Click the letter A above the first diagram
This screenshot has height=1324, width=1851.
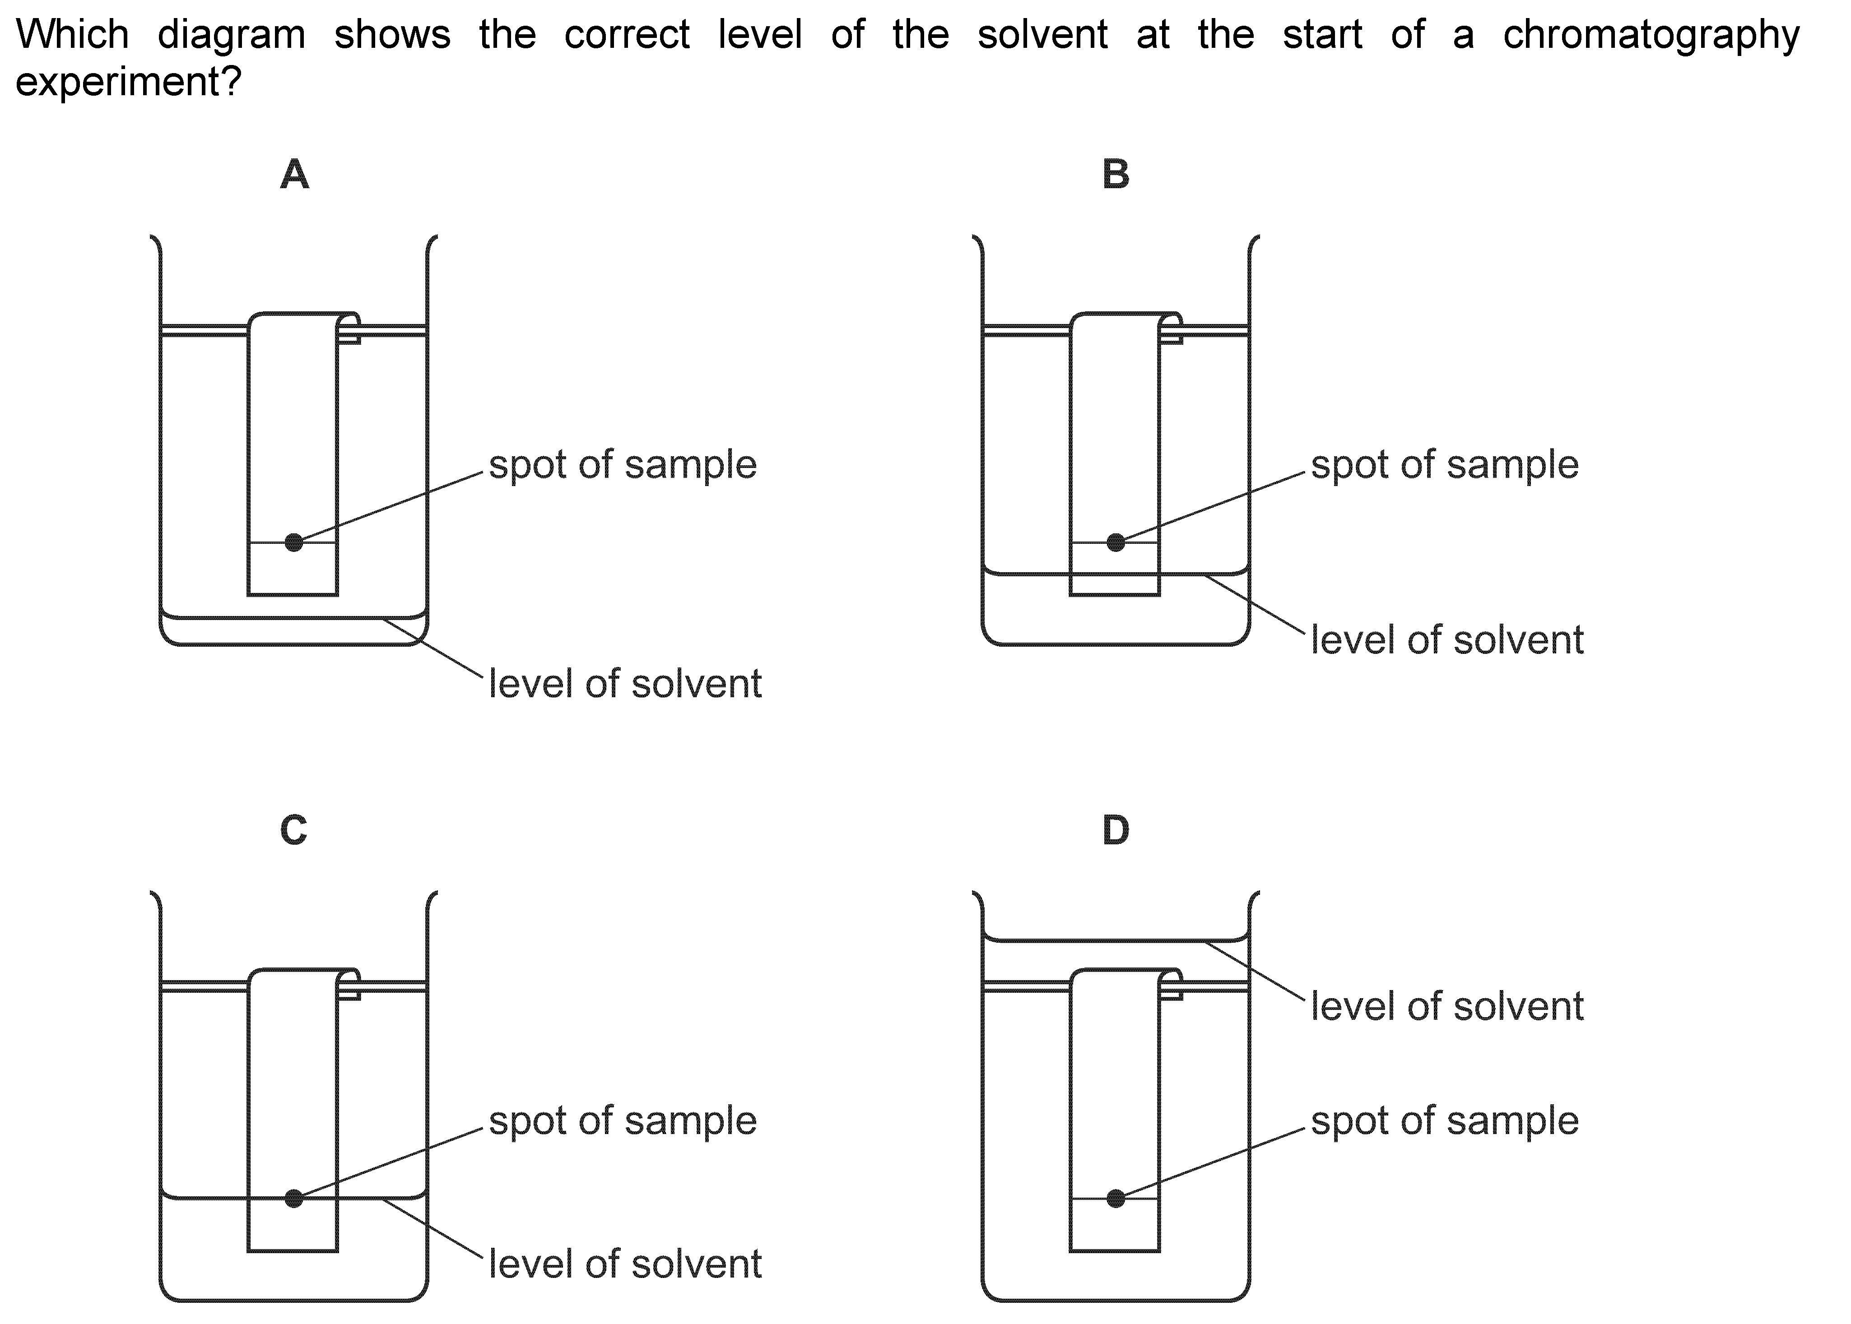294,175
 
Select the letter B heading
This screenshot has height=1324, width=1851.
1116,175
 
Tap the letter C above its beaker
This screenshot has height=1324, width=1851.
293,831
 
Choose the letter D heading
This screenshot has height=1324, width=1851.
1116,831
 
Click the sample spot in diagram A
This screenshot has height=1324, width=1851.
294,542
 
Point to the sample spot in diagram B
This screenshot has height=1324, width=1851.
1116,542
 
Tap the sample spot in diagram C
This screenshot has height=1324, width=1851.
294,1199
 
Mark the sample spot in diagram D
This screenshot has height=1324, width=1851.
1116,1199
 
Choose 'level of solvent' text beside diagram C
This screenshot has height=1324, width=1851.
625,1264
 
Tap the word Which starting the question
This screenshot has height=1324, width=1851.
73,34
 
